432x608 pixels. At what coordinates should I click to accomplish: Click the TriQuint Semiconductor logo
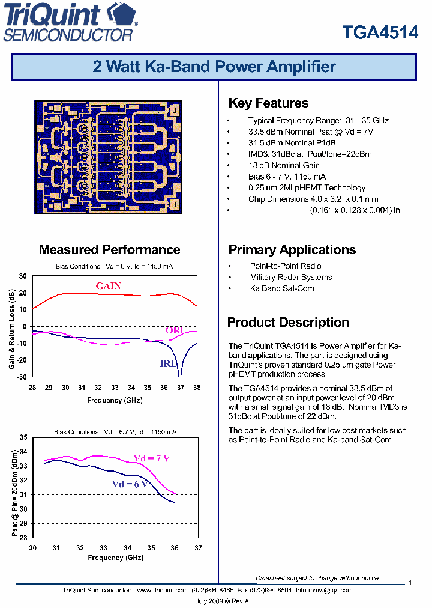pyautogui.click(x=70, y=22)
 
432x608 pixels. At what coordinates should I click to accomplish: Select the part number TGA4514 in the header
pyautogui.click(x=380, y=32)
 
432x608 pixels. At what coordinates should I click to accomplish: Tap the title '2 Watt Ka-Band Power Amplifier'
pyautogui.click(x=214, y=67)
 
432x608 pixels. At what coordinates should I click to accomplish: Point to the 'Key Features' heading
pyautogui.click(x=268, y=103)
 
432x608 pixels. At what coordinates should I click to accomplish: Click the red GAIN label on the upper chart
pyautogui.click(x=109, y=286)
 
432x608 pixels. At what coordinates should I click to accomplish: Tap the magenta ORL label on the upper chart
pyautogui.click(x=174, y=330)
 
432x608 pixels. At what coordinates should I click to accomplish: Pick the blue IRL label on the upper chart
pyautogui.click(x=168, y=364)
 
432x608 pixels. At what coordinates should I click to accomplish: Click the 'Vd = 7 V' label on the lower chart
pyautogui.click(x=151, y=458)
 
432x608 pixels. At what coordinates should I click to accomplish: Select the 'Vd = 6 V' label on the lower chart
pyautogui.click(x=129, y=484)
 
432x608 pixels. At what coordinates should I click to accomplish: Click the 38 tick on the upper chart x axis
pyautogui.click(x=197, y=388)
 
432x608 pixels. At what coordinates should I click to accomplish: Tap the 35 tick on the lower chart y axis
pyautogui.click(x=23, y=437)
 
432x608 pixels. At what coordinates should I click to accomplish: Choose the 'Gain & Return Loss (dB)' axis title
pyautogui.click(x=11, y=329)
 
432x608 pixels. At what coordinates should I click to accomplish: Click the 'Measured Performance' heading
pyautogui.click(x=109, y=250)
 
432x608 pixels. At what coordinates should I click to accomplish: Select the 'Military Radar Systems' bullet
pyautogui.click(x=291, y=277)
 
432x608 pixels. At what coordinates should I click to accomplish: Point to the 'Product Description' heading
pyautogui.click(x=288, y=323)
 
